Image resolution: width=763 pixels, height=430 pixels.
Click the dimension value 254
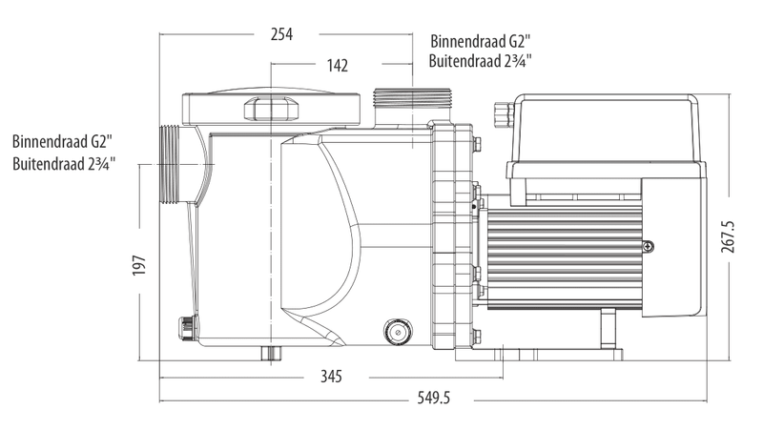pos(280,34)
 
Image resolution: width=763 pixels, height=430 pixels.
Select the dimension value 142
pos(337,66)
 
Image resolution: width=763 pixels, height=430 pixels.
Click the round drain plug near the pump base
pos(394,331)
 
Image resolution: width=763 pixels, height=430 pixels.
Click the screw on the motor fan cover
pos(650,247)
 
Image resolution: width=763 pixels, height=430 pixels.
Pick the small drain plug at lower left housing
pos(181,326)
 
